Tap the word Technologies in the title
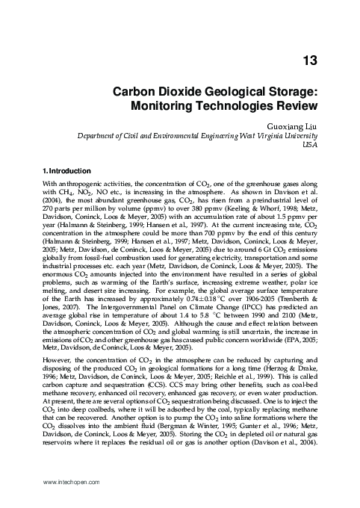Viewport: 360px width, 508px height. point(235,107)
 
